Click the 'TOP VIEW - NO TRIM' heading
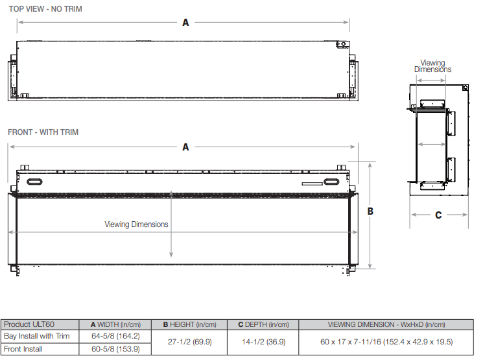pyautogui.click(x=45, y=9)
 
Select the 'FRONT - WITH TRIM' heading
pyautogui.click(x=43, y=132)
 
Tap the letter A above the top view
pyautogui.click(x=185, y=23)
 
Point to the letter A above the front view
pyautogui.click(x=185, y=147)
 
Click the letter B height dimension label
pyautogui.click(x=370, y=211)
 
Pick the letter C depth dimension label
pyautogui.click(x=438, y=215)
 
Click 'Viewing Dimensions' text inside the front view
pyautogui.click(x=136, y=224)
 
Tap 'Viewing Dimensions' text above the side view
pyautogui.click(x=432, y=66)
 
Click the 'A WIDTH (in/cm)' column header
pyautogui.click(x=115, y=324)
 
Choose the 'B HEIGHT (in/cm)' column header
pyautogui.click(x=189, y=324)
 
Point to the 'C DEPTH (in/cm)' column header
pyautogui.click(x=263, y=324)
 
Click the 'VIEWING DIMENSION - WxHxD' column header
pyautogui.click(x=386, y=324)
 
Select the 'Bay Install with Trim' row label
pyautogui.click(x=36, y=336)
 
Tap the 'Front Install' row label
pyautogui.click(x=23, y=349)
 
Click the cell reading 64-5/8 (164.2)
pyautogui.click(x=115, y=336)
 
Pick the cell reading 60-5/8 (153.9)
pyautogui.click(x=115, y=349)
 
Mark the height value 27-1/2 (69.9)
pyautogui.click(x=189, y=342)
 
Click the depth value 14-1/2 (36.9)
pyautogui.click(x=263, y=342)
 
